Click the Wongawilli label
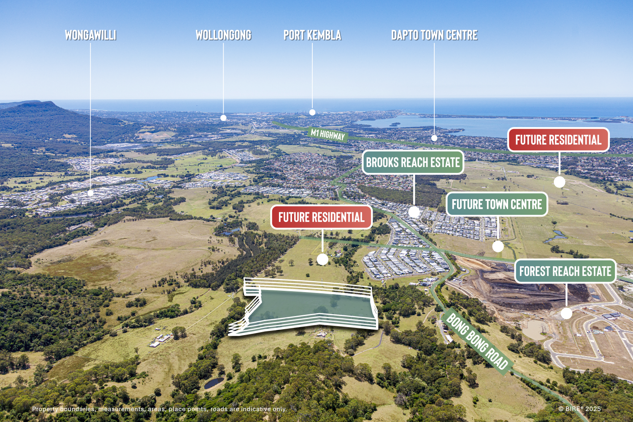(90, 35)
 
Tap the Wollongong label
(223, 35)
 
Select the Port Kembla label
(312, 35)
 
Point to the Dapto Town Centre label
(434, 35)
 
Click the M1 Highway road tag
(328, 135)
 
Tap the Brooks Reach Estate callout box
(413, 162)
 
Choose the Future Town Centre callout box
(497, 205)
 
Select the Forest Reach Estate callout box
(565, 271)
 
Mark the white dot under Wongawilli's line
(90, 193)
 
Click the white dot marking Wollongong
(223, 118)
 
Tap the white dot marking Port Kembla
(312, 112)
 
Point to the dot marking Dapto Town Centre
(434, 138)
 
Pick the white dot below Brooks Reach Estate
(414, 212)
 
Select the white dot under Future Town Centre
(498, 246)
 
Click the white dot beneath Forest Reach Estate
(566, 314)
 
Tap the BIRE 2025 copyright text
(579, 409)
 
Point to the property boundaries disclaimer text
(160, 409)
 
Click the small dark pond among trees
(214, 383)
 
